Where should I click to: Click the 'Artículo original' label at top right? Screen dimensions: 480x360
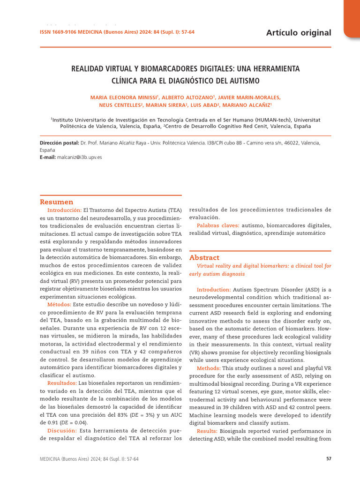(x=298, y=32)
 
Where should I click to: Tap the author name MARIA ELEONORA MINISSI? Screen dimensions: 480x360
(x=125, y=97)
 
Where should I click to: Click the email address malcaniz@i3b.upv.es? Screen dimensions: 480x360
(x=79, y=157)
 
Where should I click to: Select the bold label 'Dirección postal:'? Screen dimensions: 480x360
(x=59, y=143)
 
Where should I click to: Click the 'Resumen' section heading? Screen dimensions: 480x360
(x=56, y=202)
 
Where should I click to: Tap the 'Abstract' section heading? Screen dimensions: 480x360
(x=204, y=257)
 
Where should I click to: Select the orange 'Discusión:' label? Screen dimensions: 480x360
(x=63, y=430)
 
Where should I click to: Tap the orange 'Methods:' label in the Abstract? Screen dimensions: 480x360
(x=208, y=368)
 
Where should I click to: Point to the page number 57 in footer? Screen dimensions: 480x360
(x=329, y=459)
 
